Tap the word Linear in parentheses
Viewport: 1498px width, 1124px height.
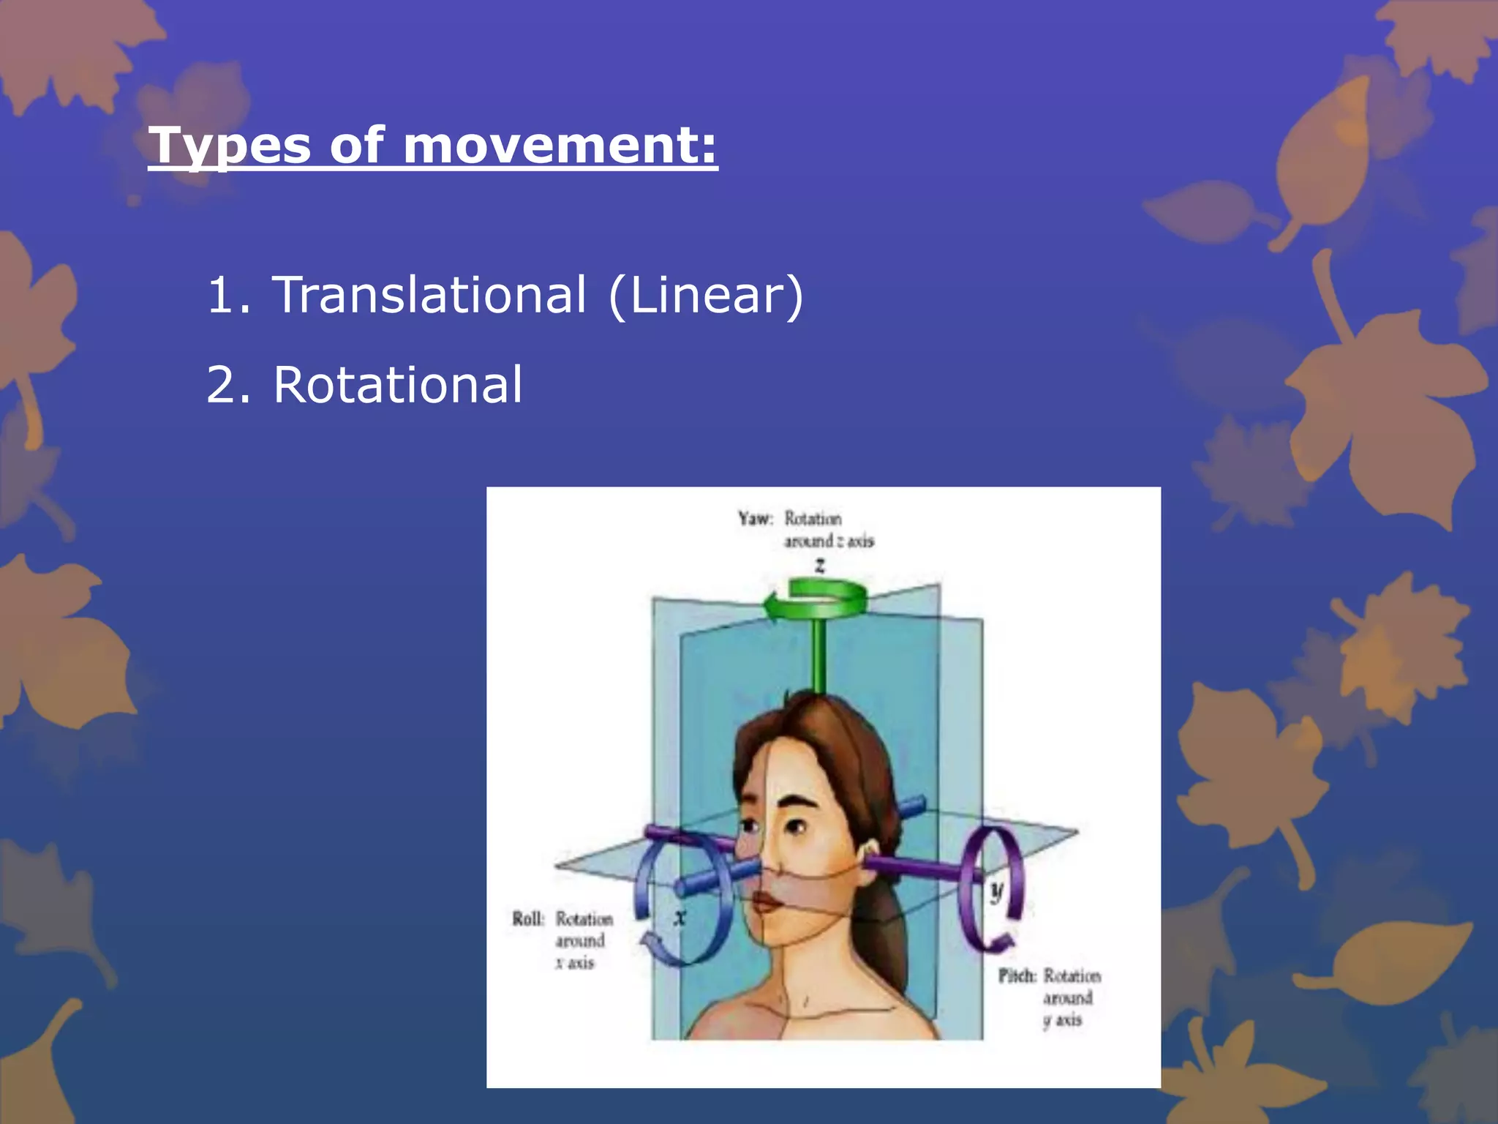(706, 295)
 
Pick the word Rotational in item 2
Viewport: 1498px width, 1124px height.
(398, 385)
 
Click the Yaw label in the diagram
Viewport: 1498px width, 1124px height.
(754, 519)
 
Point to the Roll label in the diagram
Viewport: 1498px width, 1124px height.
(527, 919)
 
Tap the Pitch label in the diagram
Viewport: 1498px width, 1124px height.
(1017, 976)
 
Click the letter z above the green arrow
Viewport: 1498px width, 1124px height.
(820, 565)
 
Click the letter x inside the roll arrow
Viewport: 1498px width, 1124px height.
(680, 916)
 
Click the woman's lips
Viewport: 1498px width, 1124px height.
(767, 901)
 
